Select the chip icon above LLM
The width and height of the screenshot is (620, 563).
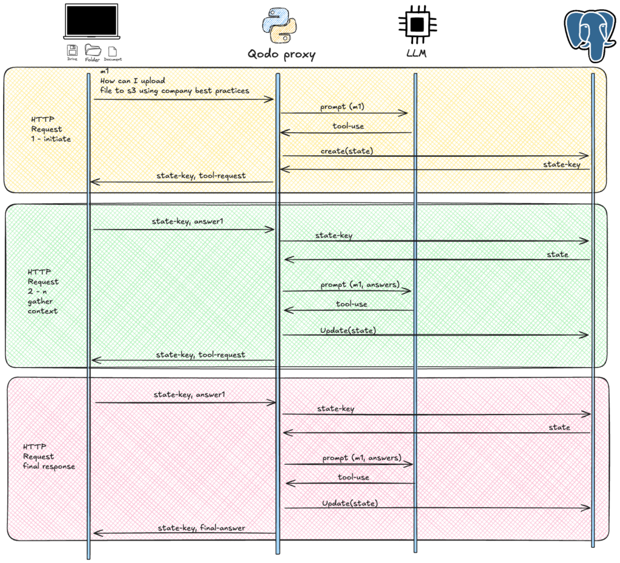(x=415, y=24)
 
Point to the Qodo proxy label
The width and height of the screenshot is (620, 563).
(x=282, y=54)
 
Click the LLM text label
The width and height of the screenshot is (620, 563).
(x=416, y=54)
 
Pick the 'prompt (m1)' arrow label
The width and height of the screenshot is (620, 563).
(x=342, y=107)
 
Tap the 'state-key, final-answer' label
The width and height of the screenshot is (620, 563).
(x=202, y=528)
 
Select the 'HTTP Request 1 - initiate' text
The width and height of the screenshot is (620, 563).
(x=51, y=129)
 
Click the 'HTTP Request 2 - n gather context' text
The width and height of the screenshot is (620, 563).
(x=43, y=291)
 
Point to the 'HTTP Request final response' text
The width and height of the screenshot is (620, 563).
(x=49, y=456)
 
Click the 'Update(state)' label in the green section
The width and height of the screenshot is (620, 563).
(x=348, y=330)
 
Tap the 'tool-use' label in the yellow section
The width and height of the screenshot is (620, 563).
(x=348, y=127)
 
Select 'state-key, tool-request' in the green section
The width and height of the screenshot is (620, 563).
(x=200, y=355)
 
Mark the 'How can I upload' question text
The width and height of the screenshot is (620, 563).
(x=133, y=80)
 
